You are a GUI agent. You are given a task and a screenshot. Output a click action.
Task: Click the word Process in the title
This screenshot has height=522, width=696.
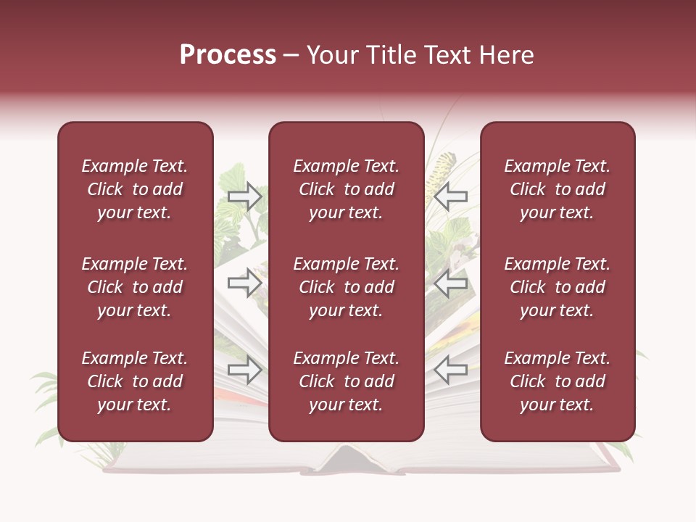click(x=228, y=55)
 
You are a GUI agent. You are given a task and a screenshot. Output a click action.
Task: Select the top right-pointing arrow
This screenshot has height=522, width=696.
click(x=245, y=196)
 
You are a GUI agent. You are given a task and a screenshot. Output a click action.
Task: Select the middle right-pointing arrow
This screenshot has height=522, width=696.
click(x=245, y=282)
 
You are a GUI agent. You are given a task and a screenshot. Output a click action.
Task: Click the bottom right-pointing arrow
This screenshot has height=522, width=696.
click(x=245, y=370)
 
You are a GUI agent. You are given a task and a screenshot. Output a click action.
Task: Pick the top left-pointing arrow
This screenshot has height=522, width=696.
click(x=451, y=196)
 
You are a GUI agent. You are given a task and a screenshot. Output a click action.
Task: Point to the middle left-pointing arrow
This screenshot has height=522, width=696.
click(x=451, y=283)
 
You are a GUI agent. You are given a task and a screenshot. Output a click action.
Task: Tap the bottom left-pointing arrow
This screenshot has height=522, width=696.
click(x=451, y=370)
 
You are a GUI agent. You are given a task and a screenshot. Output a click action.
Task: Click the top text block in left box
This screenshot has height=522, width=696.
click(x=135, y=189)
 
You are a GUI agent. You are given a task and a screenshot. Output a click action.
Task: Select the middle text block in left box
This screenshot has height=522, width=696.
click(x=135, y=287)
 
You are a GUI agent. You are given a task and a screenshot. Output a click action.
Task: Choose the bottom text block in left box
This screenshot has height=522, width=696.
click(x=135, y=381)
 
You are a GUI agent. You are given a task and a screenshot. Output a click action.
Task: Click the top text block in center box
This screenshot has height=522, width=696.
click(x=346, y=189)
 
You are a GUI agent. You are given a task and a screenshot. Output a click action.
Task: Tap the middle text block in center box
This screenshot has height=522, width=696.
click(x=346, y=287)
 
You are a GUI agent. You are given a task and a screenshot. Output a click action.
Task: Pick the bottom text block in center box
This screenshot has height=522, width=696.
click(x=346, y=381)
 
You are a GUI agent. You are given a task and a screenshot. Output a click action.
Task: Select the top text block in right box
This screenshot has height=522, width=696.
click(x=557, y=189)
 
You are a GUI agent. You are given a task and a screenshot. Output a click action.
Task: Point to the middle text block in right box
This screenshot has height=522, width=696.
click(x=557, y=287)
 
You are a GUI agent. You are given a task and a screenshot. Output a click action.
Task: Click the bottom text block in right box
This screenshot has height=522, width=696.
click(x=557, y=381)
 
